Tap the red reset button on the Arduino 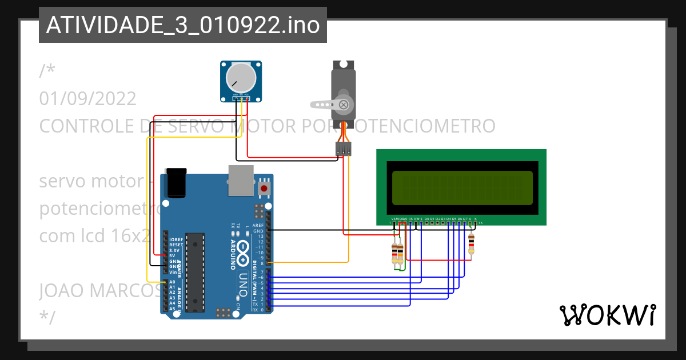coord(264,188)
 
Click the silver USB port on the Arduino coord(240,178)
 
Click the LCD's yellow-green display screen coord(462,188)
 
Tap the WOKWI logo coord(607,315)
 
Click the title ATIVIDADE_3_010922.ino coord(182,25)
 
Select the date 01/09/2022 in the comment coord(88,98)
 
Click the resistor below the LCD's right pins coord(471,244)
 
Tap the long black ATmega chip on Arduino coord(196,272)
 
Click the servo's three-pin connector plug coord(344,149)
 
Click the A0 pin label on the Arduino coord(172,282)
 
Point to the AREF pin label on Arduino coord(258,225)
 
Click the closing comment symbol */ coord(47,317)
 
